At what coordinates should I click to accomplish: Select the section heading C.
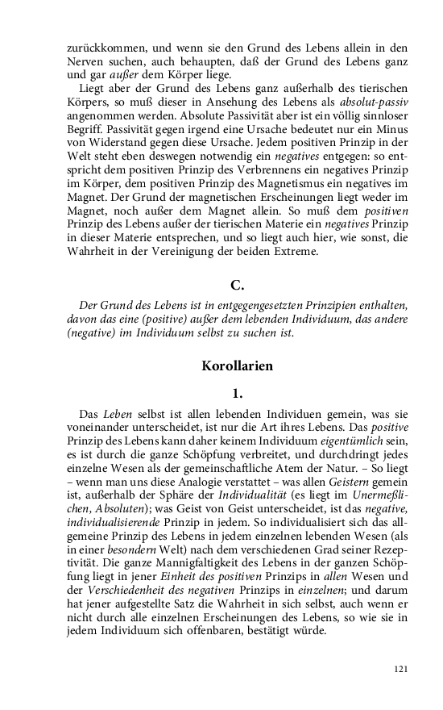point(236,285)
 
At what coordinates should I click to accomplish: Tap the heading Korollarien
point(237,365)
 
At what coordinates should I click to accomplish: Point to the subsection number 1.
point(237,394)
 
